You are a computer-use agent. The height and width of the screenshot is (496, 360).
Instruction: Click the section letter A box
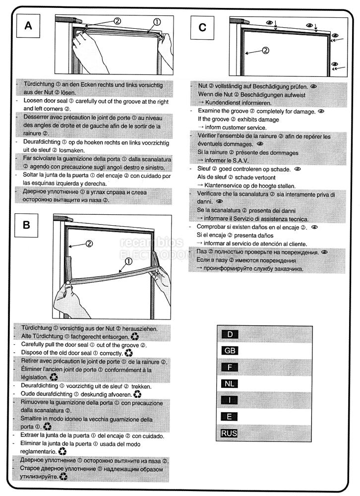coord(28,27)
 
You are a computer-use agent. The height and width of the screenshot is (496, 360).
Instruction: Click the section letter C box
coord(202,27)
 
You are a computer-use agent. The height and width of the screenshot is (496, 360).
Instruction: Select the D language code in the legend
coord(229,334)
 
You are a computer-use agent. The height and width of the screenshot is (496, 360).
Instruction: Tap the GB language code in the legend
coord(229,351)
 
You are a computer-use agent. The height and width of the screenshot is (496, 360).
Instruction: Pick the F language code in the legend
coord(229,368)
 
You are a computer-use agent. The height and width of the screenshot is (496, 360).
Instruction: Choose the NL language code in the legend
coord(229,384)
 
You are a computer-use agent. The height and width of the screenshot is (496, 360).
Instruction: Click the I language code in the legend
coord(229,400)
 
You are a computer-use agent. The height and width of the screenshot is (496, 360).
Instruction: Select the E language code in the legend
coord(229,417)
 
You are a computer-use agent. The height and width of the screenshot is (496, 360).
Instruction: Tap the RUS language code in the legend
coord(229,434)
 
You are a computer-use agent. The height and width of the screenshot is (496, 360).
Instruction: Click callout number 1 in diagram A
coord(157,22)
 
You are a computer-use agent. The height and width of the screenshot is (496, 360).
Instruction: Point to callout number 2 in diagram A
coord(117,21)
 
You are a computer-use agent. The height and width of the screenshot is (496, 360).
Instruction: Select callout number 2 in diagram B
coord(89,244)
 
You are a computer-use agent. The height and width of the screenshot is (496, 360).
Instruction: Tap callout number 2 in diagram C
coord(265,50)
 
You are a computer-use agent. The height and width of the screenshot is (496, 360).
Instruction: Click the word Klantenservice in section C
coord(224,186)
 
